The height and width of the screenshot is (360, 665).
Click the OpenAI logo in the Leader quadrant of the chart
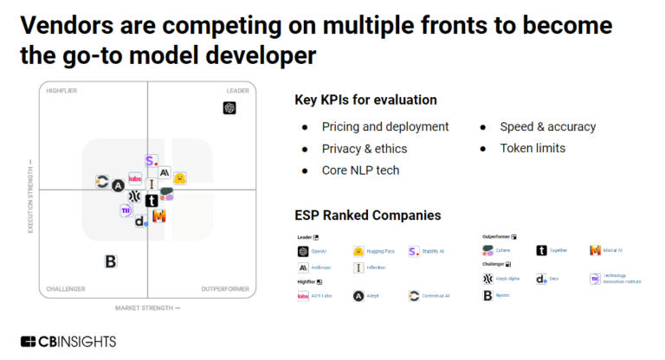click(229, 108)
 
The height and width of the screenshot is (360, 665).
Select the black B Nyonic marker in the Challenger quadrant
click(110, 261)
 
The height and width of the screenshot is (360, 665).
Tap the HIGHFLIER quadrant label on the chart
click(62, 91)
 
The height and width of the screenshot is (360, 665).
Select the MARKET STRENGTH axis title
click(148, 307)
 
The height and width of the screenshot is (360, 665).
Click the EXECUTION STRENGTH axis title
click(32, 195)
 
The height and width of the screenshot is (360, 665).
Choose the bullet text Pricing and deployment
click(385, 126)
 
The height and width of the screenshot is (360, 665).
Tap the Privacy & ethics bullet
click(364, 148)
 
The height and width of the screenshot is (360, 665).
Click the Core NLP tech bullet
click(360, 170)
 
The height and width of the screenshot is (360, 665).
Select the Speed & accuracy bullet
click(547, 126)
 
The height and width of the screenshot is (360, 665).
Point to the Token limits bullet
click(533, 148)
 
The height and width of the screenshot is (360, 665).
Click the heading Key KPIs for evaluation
click(365, 100)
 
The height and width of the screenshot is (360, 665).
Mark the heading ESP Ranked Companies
click(368, 215)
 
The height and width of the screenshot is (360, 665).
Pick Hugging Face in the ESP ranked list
click(380, 251)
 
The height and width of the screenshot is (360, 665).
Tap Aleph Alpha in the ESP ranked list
click(510, 279)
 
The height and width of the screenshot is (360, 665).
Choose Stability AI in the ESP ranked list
click(431, 251)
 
